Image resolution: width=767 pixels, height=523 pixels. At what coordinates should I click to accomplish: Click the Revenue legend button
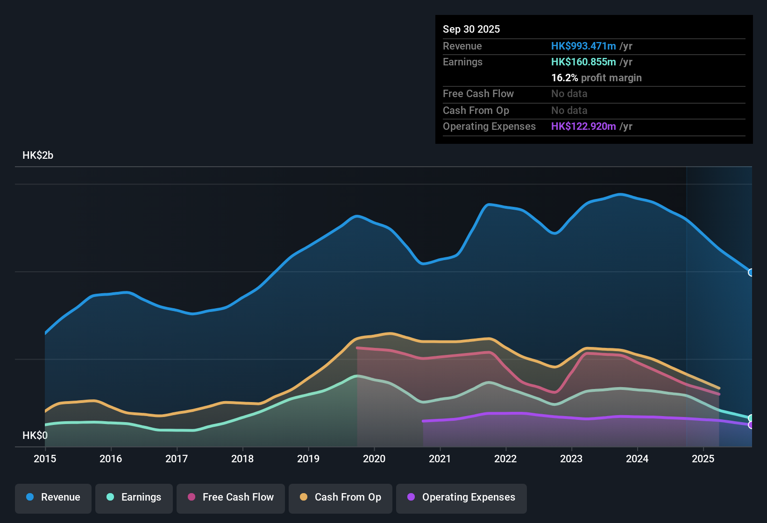[53, 498]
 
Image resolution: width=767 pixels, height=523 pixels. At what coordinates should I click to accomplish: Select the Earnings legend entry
[134, 498]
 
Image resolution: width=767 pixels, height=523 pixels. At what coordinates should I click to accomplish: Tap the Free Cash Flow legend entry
[230, 498]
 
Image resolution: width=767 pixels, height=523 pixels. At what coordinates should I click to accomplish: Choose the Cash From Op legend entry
[340, 498]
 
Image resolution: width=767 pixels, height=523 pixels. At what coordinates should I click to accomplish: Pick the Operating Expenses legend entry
[461, 498]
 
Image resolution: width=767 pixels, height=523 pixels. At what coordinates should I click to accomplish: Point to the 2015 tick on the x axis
[45, 459]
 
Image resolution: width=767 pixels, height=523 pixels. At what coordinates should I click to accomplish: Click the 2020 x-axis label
[374, 459]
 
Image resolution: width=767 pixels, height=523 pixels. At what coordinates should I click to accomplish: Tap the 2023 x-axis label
[571, 459]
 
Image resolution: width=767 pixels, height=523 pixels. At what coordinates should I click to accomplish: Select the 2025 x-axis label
[703, 459]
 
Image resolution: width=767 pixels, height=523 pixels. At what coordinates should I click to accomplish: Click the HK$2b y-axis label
[38, 155]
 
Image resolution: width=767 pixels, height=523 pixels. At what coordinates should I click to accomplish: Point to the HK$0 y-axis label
[35, 436]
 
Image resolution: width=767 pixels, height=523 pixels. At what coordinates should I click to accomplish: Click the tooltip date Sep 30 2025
[471, 29]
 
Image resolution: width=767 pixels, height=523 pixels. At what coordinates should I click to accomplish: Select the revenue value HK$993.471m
[583, 46]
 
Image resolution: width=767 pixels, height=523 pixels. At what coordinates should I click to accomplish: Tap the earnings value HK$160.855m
[583, 62]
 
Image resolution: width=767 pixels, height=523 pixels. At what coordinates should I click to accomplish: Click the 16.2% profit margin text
[596, 78]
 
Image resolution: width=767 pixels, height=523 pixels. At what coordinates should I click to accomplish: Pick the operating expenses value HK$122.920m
[583, 126]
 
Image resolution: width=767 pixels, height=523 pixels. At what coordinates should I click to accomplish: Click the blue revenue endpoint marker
[751, 272]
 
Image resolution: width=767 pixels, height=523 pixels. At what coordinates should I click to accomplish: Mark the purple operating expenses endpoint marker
[751, 425]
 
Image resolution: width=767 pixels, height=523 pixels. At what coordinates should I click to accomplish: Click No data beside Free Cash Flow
[569, 93]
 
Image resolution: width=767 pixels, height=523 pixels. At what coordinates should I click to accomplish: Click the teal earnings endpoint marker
[751, 418]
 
